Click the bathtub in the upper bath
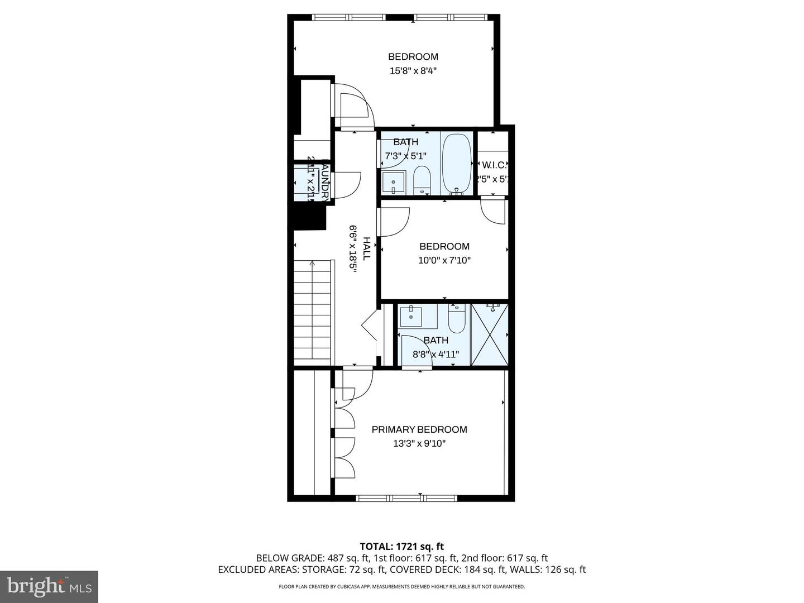(x=457, y=164)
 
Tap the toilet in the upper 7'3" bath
(x=422, y=180)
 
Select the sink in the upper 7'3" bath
(x=394, y=182)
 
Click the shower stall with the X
(x=490, y=334)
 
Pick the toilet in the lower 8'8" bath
(x=457, y=319)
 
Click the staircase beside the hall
(x=313, y=313)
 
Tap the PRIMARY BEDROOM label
(x=419, y=429)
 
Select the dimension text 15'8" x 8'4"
(x=413, y=71)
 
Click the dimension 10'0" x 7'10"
(x=444, y=260)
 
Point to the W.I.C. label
(x=494, y=165)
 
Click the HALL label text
(x=366, y=248)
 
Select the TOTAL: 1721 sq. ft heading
(x=401, y=547)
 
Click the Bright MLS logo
(x=49, y=586)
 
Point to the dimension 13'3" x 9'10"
(x=419, y=444)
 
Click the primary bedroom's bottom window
(x=406, y=497)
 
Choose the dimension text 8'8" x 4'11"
(x=435, y=354)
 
